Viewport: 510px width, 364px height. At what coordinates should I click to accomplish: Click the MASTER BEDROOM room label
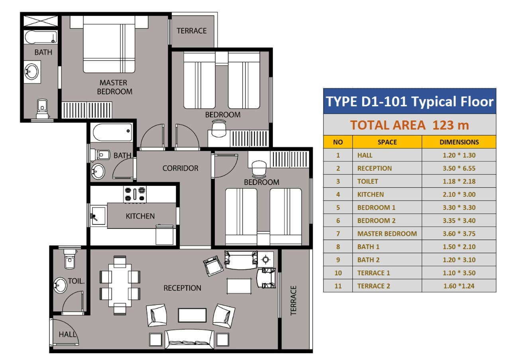114,87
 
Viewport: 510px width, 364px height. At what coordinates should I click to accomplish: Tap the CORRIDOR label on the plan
180,168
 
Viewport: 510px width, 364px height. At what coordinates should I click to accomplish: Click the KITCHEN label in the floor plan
140,216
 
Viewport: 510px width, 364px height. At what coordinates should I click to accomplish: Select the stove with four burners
135,194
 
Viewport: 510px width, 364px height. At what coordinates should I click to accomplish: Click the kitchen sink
98,216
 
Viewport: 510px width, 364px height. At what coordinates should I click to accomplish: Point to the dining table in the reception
120,285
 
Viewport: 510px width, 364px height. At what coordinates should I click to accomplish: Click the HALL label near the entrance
67,334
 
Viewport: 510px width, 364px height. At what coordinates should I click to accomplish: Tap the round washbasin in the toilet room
60,285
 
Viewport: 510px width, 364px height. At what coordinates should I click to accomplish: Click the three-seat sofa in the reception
189,339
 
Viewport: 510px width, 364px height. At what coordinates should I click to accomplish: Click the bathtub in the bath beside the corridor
112,132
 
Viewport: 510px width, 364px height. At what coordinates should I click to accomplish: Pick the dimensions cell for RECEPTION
459,168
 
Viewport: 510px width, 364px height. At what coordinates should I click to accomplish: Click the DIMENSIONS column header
459,142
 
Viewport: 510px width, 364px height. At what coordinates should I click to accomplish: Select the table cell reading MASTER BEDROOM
387,234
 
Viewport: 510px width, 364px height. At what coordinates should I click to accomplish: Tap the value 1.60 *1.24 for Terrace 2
459,286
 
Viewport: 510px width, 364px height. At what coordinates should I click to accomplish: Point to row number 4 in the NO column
338,195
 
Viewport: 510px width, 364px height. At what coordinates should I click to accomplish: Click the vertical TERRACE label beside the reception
294,301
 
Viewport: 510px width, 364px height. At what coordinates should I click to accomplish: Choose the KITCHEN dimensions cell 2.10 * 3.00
459,195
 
